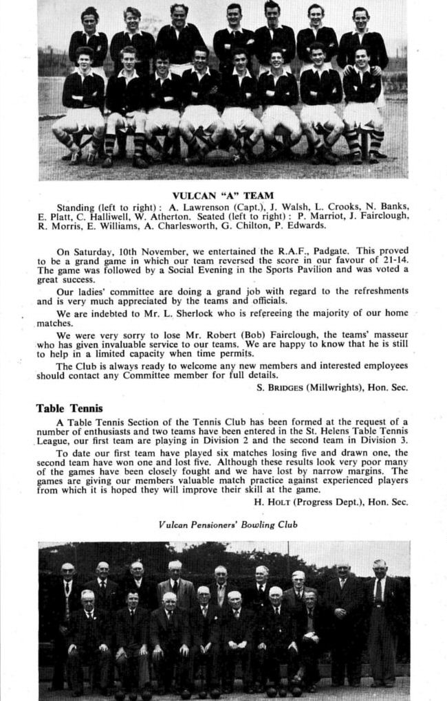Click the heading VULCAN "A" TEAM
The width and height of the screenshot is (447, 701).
(x=222, y=195)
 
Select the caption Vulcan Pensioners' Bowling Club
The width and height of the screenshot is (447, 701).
(x=223, y=524)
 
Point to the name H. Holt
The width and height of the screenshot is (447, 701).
(x=273, y=501)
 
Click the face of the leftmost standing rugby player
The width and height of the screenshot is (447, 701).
(x=89, y=19)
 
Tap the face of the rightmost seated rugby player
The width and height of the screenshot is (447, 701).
(x=362, y=57)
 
